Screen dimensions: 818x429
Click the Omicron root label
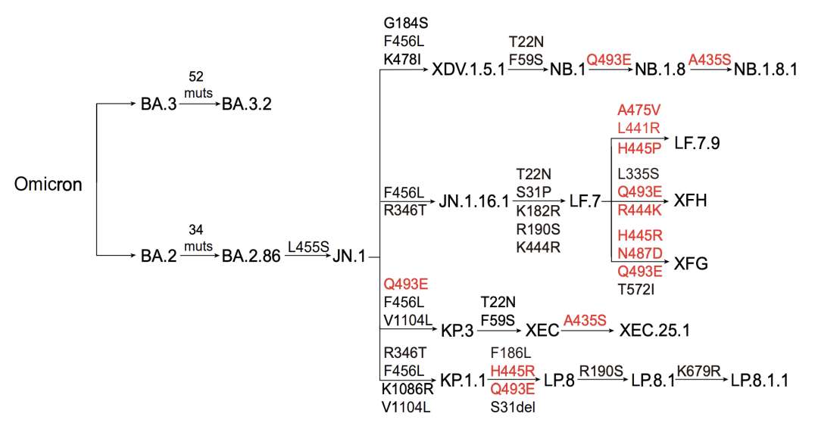coord(48,184)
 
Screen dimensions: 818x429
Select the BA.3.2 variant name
coord(247,104)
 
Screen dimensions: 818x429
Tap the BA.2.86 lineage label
coord(251,256)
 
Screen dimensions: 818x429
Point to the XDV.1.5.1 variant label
coord(469,70)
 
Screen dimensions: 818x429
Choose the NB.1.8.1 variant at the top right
coord(765,70)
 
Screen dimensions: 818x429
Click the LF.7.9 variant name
coord(697,143)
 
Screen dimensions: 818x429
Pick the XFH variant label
coord(690,201)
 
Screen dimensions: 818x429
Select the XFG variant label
coord(691,264)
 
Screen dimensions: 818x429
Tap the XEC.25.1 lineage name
coord(654,330)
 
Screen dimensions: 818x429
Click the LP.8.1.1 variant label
coord(759,381)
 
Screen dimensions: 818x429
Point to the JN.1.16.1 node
coord(473,201)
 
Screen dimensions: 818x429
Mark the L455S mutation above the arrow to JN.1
coord(308,247)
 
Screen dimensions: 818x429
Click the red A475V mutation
coord(638,110)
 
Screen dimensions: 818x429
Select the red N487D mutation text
coord(639,253)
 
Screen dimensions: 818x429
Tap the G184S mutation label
coord(405,23)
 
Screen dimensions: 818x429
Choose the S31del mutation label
coord(513,407)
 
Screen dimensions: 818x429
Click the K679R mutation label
coord(698,371)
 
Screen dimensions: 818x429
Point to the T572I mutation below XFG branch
coord(635,289)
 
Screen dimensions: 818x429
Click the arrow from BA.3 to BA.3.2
coord(200,104)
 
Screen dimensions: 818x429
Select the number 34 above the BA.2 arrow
coord(195,229)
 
